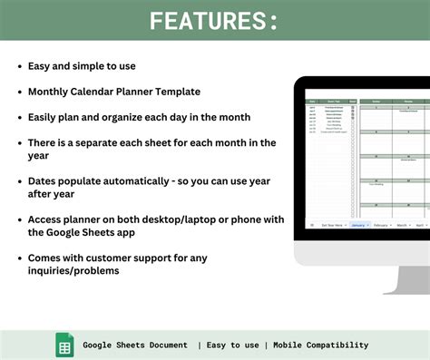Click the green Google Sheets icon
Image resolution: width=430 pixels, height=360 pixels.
[x=65, y=345]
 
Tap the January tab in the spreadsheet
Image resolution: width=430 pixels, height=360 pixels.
[x=357, y=225]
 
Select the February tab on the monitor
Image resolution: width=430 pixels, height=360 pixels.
[x=381, y=225]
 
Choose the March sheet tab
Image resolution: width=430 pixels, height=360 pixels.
[x=403, y=225]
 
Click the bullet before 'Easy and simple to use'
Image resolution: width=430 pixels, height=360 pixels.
[x=19, y=67]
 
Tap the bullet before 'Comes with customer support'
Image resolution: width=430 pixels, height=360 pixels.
[x=19, y=258]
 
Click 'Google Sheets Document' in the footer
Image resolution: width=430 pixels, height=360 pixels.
[x=135, y=345]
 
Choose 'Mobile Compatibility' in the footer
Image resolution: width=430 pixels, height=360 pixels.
[x=321, y=345]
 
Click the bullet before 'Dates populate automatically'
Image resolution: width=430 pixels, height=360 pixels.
[x=19, y=181]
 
